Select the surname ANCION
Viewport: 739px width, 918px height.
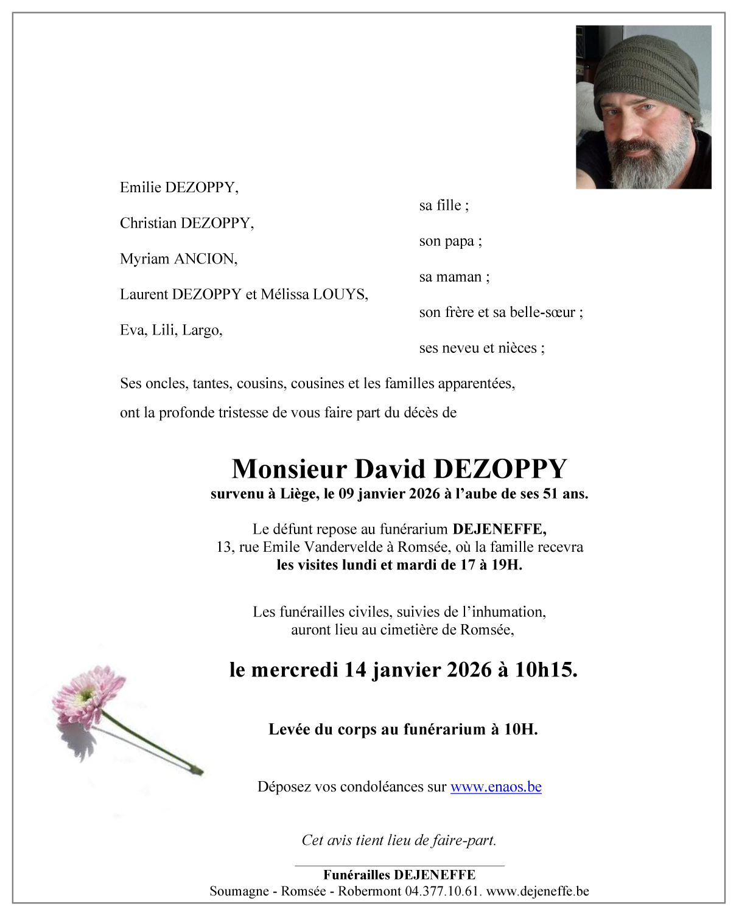[x=206, y=259]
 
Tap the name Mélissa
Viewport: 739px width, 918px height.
[x=285, y=294]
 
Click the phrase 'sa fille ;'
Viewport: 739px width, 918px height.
[x=444, y=206]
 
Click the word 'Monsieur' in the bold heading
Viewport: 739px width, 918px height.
[x=289, y=469]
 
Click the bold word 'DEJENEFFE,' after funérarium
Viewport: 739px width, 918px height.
[x=499, y=529]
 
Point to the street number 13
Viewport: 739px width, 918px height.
[x=224, y=547]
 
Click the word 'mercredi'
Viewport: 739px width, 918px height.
[x=295, y=670]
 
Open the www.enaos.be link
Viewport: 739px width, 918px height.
[x=496, y=787]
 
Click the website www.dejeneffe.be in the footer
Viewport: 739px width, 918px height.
[x=538, y=891]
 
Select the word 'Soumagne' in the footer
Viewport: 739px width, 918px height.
[x=239, y=891]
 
